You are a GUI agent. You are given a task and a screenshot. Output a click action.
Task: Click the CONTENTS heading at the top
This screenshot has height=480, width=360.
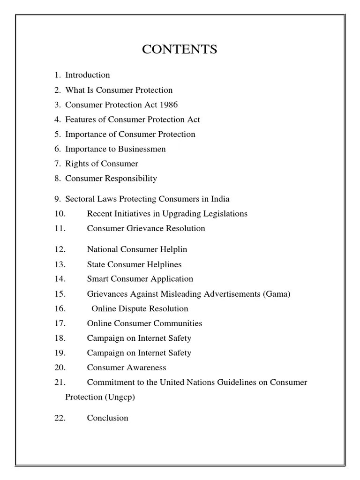tap(180, 49)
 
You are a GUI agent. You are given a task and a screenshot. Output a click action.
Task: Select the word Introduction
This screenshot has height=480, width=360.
tap(88, 75)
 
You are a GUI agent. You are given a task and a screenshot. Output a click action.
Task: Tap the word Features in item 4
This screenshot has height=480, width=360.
tap(80, 120)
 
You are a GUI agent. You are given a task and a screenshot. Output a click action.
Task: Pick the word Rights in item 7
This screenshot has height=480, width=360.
tap(76, 164)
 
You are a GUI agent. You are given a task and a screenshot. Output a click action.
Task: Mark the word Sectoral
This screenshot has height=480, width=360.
tap(81, 199)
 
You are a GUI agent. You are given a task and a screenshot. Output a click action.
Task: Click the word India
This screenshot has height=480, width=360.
tap(220, 199)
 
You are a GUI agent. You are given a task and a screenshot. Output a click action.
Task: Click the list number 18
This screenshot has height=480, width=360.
tap(60, 338)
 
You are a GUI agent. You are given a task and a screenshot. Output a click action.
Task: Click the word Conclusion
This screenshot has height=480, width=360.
tap(107, 418)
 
